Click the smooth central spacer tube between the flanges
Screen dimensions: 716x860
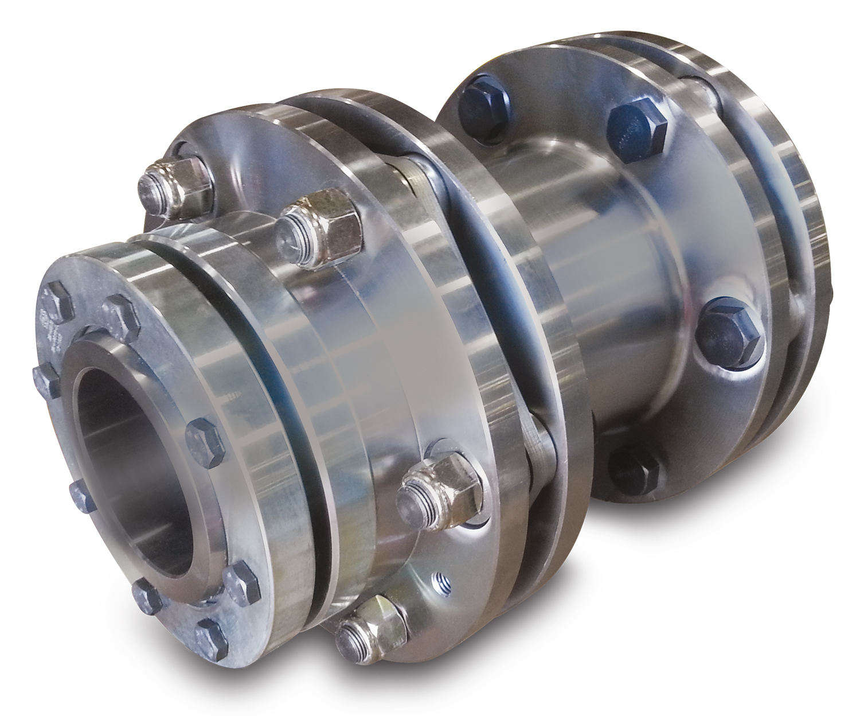click(573, 287)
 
